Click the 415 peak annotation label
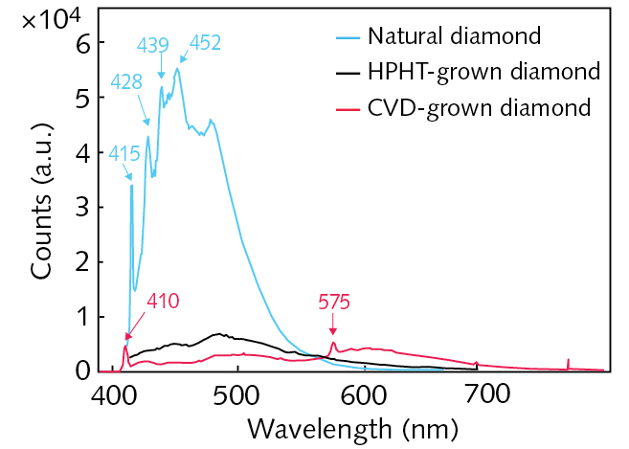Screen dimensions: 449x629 click(124, 151)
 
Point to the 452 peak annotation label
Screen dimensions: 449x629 click(206, 42)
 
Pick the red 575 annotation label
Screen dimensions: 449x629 click(334, 302)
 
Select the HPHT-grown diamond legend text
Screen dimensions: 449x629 click(483, 72)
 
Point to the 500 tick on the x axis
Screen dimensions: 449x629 click(238, 393)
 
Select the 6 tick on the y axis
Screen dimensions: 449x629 click(83, 43)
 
